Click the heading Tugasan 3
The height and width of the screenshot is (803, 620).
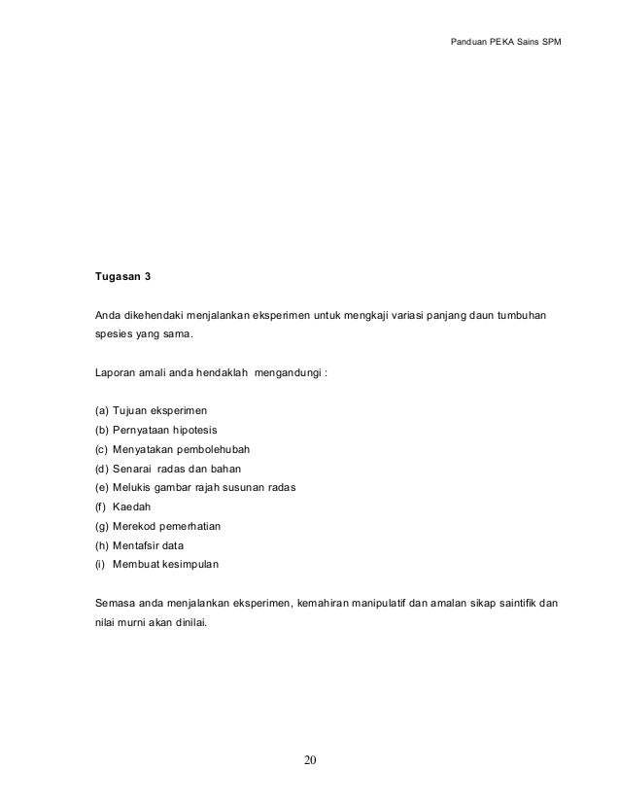coord(122,277)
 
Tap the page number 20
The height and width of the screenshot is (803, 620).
coord(310,759)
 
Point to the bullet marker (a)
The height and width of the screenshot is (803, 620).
coord(100,411)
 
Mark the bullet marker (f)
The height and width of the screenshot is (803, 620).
coord(99,506)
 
